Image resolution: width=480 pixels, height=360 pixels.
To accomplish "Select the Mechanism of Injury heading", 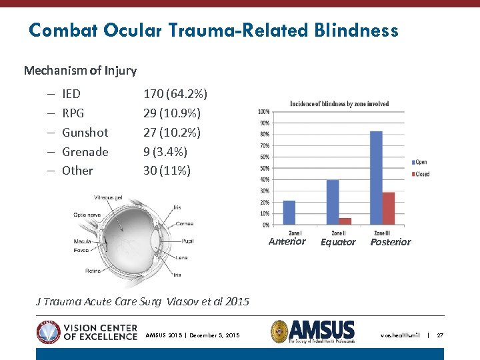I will click(80, 70).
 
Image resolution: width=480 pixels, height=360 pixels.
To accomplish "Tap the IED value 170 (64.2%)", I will click(175, 94).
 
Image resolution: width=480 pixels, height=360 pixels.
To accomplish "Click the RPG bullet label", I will click(73, 113).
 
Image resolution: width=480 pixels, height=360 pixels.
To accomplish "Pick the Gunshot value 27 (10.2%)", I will click(171, 133).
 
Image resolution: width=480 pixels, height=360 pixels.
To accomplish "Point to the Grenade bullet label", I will click(85, 152).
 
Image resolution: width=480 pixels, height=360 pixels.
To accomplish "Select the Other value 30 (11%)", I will click(167, 171).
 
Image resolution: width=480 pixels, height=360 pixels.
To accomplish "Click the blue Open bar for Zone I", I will click(289, 213).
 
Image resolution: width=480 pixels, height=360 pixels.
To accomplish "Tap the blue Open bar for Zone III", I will click(376, 178).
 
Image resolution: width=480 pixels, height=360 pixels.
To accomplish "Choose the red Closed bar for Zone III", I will click(388, 208).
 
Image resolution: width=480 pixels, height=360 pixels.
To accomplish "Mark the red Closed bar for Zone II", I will click(345, 221).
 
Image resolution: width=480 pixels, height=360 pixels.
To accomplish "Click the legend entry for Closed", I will click(421, 174).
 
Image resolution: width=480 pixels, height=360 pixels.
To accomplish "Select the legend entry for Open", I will click(419, 162).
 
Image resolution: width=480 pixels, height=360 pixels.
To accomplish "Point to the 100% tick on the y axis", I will click(263, 111).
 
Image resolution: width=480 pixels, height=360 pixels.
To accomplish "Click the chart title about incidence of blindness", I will click(339, 104).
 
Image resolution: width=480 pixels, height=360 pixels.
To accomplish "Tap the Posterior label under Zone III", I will click(391, 242).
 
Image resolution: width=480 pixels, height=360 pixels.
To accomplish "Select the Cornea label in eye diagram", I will click(185, 224).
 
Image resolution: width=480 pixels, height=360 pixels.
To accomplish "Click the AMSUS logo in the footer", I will click(313, 332).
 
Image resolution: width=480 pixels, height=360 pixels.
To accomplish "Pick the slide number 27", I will click(440, 335).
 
